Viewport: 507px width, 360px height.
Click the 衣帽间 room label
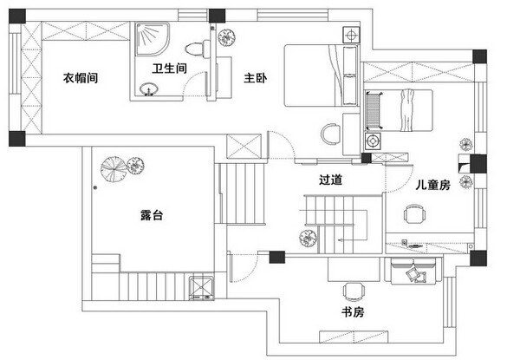click(x=81, y=78)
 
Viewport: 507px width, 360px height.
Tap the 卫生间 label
click(x=170, y=69)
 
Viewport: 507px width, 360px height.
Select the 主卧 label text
click(x=256, y=78)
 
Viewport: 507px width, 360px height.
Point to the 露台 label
click(x=152, y=215)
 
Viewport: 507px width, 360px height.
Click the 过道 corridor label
click(x=330, y=180)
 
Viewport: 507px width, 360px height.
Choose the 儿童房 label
click(x=433, y=185)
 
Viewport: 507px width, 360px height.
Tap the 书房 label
click(x=353, y=312)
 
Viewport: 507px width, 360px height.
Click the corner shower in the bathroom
click(x=153, y=39)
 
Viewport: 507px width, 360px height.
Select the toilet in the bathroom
click(x=198, y=49)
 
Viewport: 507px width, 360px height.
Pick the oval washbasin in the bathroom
click(x=149, y=88)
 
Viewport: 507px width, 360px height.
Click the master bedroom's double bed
click(x=321, y=75)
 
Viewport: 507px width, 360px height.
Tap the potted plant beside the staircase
click(x=308, y=239)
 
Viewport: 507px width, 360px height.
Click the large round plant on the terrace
click(x=114, y=168)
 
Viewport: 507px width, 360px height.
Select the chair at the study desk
click(x=354, y=291)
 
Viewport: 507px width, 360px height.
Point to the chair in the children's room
click(x=414, y=213)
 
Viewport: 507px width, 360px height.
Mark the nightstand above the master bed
click(x=351, y=35)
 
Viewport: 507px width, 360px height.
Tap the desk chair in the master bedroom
click(x=330, y=134)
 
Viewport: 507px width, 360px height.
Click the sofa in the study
click(x=413, y=271)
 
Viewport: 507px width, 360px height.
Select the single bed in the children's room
click(x=399, y=110)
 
